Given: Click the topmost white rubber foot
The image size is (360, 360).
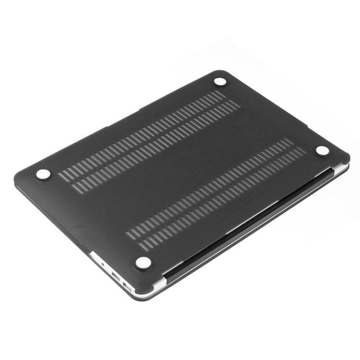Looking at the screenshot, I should [220, 81].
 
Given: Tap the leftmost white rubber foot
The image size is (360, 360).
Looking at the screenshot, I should [43, 174].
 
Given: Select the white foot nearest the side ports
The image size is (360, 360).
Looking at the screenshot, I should [143, 262].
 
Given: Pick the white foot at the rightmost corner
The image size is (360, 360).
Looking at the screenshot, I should [323, 150].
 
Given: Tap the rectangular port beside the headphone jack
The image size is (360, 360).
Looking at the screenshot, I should [116, 274].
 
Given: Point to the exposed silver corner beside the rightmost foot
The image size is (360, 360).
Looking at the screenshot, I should [341, 168].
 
